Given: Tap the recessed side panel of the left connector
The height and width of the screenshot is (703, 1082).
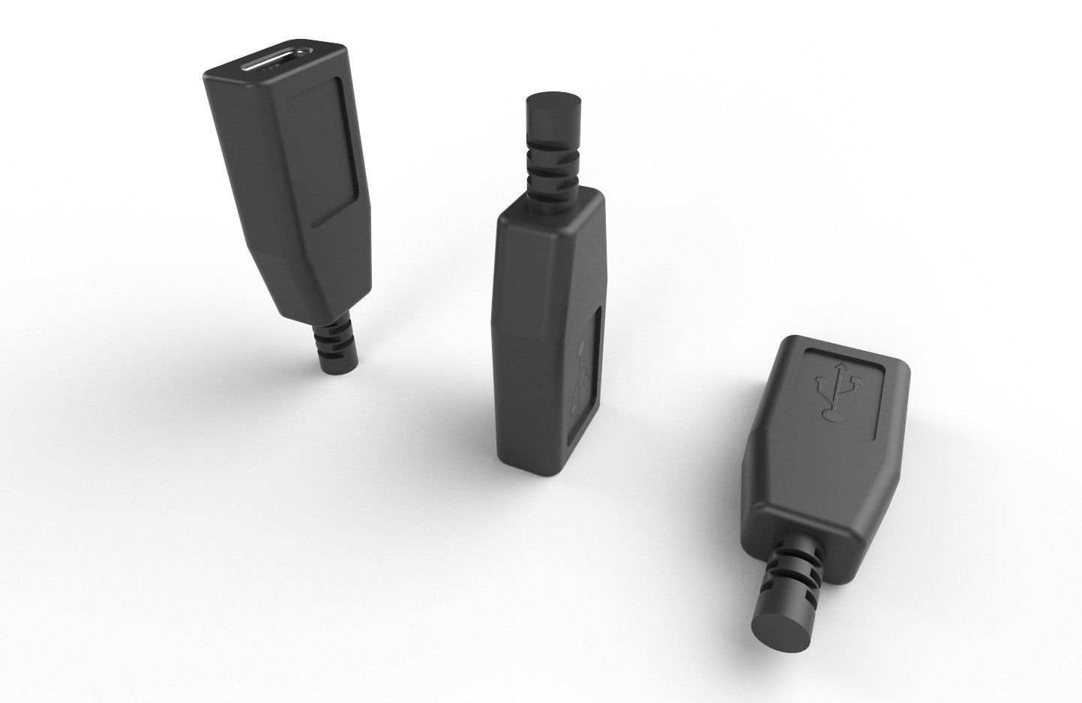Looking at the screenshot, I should tap(326, 150).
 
